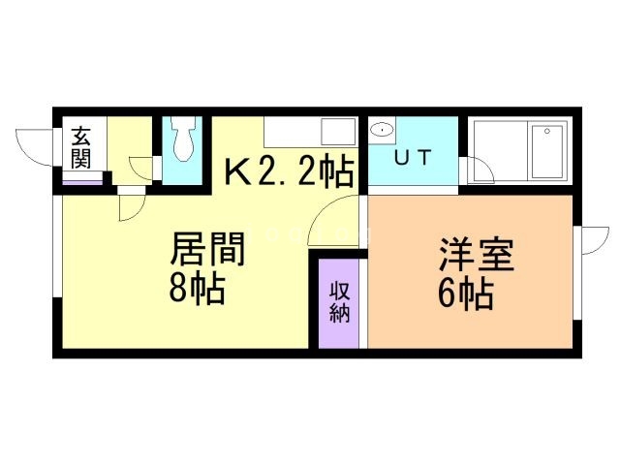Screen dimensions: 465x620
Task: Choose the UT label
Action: [x=412, y=157]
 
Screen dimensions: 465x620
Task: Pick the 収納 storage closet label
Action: [x=338, y=301]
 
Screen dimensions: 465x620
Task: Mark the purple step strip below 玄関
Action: [x=82, y=179]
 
